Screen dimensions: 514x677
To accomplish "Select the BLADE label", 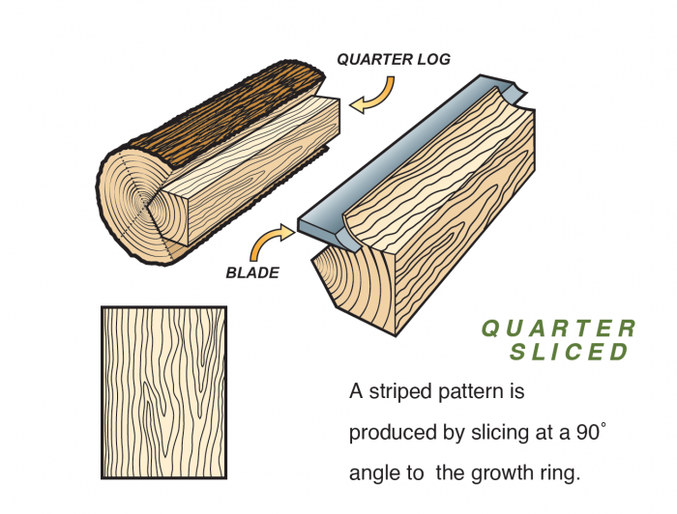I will [252, 272].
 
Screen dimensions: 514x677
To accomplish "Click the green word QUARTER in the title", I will [559, 328].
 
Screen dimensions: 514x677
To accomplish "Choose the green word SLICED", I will [570, 352].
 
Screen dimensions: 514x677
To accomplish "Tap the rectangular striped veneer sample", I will [163, 391].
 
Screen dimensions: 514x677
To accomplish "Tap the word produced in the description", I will [393, 435].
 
